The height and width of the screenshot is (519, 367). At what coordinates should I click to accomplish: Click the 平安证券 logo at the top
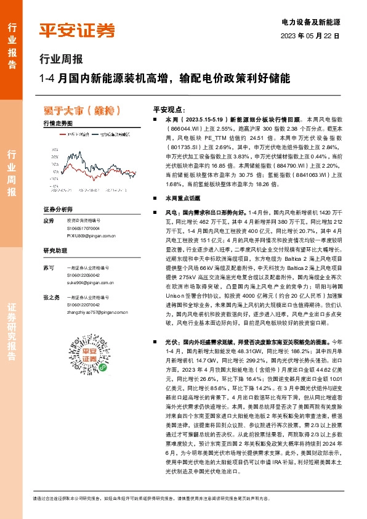[76, 30]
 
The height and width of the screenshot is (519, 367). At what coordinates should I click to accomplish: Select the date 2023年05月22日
[310, 36]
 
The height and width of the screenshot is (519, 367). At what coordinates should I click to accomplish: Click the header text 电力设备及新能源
[310, 22]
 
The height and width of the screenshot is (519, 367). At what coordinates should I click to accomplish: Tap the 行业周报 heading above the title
[60, 60]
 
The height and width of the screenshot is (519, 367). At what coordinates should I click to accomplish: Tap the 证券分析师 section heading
[57, 210]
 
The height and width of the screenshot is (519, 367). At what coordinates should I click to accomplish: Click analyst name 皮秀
[49, 220]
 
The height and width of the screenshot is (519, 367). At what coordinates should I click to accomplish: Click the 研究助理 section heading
[54, 251]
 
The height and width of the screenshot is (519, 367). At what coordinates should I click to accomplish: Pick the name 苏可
[49, 268]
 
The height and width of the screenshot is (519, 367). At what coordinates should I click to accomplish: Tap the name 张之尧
[51, 297]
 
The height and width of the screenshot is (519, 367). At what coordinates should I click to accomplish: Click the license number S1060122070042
[84, 304]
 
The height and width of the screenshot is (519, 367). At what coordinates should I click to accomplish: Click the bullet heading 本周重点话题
[179, 198]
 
